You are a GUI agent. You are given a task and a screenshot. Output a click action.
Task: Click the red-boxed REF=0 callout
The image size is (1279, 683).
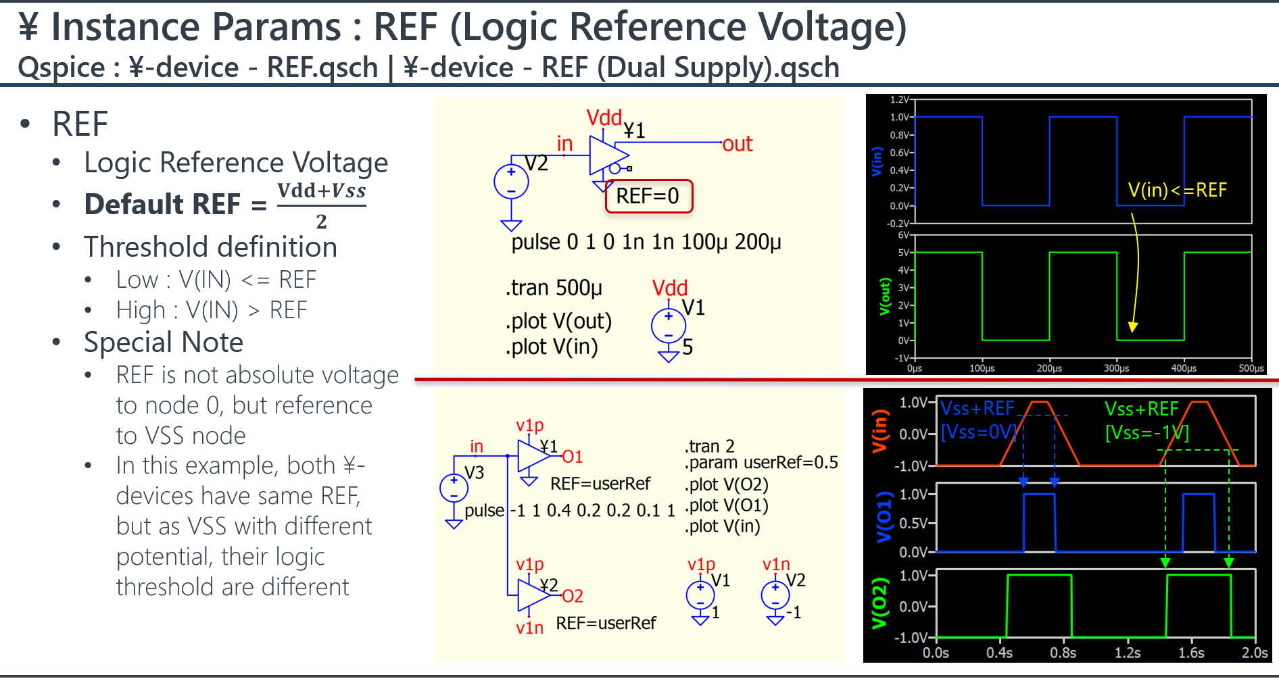pyautogui.click(x=648, y=196)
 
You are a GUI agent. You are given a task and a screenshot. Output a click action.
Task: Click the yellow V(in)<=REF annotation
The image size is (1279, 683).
pyautogui.click(x=1177, y=191)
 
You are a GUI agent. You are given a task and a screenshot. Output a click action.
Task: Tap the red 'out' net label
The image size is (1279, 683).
pyautogui.click(x=737, y=144)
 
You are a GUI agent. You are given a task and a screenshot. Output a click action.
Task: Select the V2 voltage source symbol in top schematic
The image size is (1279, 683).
pyautogui.click(x=511, y=182)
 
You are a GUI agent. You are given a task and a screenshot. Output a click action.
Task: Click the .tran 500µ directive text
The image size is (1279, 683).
pyautogui.click(x=553, y=288)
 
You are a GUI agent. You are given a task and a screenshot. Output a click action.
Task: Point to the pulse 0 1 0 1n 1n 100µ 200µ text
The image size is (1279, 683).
pyautogui.click(x=646, y=242)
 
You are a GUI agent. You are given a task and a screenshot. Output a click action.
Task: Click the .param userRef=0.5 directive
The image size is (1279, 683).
pyautogui.click(x=761, y=463)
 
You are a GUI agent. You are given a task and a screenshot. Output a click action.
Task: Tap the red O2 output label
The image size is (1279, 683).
pyautogui.click(x=573, y=596)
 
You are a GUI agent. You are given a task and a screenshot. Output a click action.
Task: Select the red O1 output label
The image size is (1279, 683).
pyautogui.click(x=572, y=457)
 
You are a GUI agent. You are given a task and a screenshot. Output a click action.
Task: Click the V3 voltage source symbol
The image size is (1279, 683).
pyautogui.click(x=454, y=488)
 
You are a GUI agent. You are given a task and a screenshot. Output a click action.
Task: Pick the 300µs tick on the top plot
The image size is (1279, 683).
pyautogui.click(x=1116, y=368)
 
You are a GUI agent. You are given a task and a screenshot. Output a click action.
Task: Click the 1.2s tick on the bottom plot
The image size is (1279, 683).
pyautogui.click(x=1128, y=653)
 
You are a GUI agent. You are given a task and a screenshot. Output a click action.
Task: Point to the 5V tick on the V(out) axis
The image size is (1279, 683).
pyautogui.click(x=903, y=253)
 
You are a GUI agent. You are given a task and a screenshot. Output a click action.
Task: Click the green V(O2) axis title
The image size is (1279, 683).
pyautogui.click(x=879, y=603)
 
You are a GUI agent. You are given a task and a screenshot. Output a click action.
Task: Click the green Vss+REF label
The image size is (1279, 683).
pyautogui.click(x=1141, y=409)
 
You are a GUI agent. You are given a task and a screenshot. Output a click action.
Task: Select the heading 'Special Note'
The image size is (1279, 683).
pyautogui.click(x=163, y=343)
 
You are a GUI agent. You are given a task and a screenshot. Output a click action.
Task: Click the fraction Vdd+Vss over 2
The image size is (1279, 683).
pyautogui.click(x=321, y=205)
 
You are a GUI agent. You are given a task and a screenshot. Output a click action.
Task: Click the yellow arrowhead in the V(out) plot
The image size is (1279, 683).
pyautogui.click(x=1133, y=328)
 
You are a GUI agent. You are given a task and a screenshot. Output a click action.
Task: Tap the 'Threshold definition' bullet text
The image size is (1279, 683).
pyautogui.click(x=210, y=247)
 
